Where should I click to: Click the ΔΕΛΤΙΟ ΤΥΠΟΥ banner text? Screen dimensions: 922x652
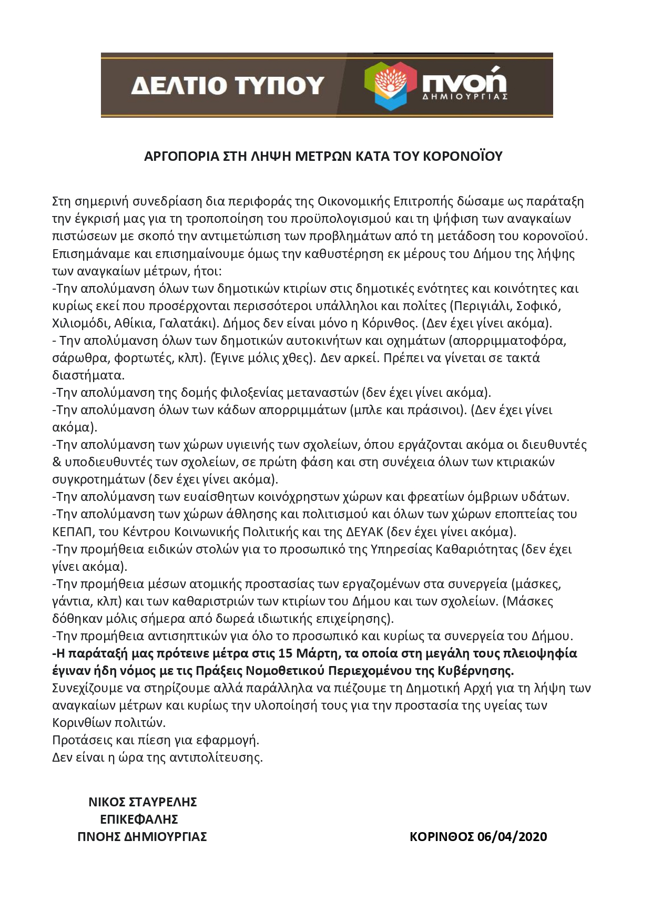227,85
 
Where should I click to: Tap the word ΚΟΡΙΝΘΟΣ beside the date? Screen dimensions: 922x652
442,836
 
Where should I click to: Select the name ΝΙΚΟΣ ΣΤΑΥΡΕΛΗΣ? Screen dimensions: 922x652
142,802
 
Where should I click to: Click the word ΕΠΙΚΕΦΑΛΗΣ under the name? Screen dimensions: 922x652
139,819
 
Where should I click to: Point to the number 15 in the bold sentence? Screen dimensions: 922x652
285,653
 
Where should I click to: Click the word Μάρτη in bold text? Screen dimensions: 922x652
316,653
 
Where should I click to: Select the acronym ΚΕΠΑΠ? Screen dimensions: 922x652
72,531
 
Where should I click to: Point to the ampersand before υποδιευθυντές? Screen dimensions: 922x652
57,462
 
